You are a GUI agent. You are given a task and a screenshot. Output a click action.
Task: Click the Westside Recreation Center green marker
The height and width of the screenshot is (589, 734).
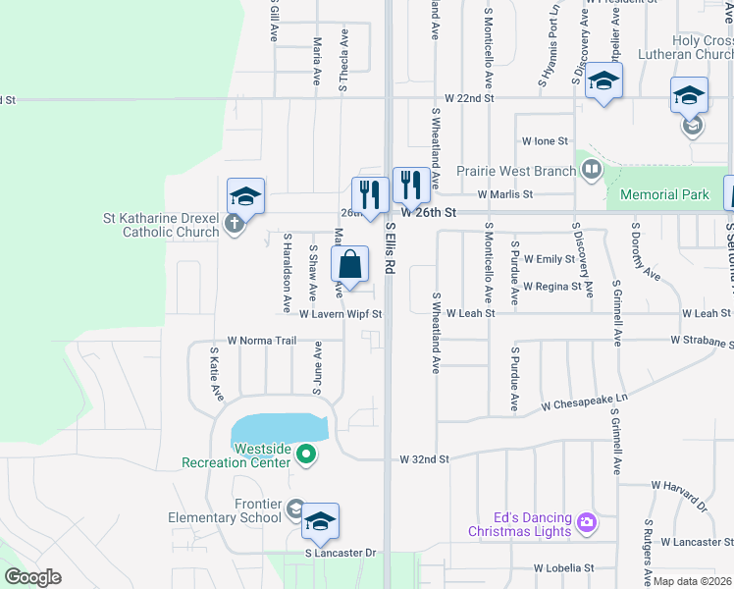coord(305,454)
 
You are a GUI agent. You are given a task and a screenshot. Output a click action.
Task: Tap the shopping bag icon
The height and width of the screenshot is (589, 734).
coord(350,264)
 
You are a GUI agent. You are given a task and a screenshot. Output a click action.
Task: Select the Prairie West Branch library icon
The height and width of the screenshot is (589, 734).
coord(591,171)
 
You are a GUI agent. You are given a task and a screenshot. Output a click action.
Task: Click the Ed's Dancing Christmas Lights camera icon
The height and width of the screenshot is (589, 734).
coord(587,520)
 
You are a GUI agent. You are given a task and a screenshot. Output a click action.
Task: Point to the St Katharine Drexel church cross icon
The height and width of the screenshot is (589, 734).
coord(233,224)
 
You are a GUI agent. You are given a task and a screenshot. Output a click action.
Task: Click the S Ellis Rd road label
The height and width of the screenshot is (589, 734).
coord(391,246)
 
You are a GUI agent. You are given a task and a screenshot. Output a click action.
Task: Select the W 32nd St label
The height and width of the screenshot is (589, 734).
coord(424,458)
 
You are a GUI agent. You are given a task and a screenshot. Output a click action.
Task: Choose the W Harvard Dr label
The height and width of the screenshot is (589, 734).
coord(679,485)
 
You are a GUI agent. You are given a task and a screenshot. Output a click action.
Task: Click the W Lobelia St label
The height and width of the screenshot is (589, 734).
coord(563,567)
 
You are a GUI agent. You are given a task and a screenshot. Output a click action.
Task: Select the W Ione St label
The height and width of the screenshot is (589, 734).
coord(545,142)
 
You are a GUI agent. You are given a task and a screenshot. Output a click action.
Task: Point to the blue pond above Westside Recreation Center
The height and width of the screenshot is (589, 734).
coord(279,429)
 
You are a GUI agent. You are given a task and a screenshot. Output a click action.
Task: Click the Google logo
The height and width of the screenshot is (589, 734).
coord(33,577)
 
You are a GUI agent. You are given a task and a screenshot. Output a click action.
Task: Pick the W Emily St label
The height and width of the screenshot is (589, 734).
coord(549,259)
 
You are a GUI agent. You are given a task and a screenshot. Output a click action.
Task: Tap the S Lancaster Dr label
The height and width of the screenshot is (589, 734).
coord(340,553)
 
